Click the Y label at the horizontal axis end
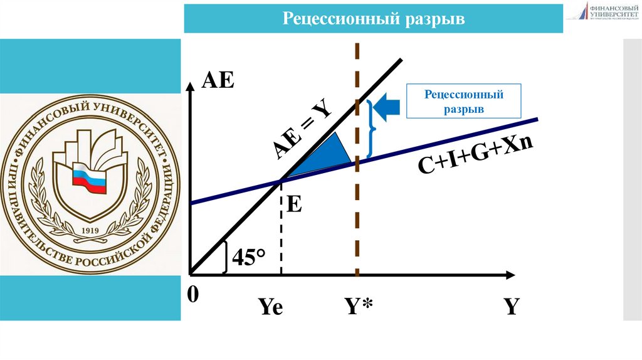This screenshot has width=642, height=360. tap(512, 307)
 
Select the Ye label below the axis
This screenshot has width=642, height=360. tap(270, 308)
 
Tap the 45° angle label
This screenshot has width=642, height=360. tap(249, 257)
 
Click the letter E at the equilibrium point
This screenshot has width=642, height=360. tap(294, 204)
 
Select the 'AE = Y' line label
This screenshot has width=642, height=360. tap(303, 131)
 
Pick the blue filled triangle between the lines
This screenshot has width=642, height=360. tap(328, 155)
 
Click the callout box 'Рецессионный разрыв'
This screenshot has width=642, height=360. tap(464, 102)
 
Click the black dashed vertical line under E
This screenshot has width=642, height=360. tap(281, 232)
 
